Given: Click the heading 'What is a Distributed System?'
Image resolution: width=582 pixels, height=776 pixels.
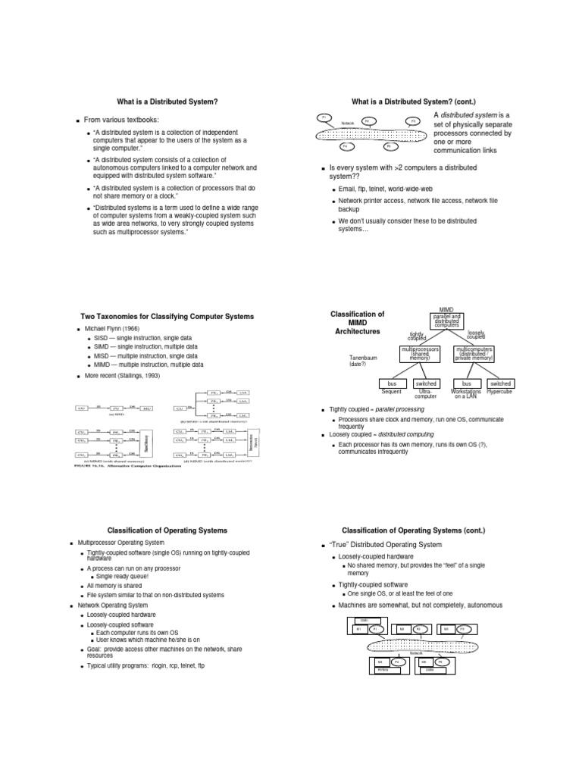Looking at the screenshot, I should (167, 102).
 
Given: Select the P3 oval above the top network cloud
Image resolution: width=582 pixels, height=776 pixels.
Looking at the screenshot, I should (413, 120).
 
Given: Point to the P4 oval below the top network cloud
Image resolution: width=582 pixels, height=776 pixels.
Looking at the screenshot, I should (345, 146).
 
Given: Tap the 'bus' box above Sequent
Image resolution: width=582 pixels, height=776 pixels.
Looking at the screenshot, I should (392, 384).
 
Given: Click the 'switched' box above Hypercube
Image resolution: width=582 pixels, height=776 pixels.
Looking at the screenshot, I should (501, 384).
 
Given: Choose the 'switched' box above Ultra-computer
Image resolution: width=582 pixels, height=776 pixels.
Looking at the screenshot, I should (427, 384).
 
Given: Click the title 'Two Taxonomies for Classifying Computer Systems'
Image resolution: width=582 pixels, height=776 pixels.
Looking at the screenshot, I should (167, 316).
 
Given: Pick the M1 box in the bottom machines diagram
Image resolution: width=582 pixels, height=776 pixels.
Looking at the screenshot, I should (358, 629).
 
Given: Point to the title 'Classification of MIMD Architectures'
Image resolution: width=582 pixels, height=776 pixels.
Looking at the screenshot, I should (359, 322).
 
